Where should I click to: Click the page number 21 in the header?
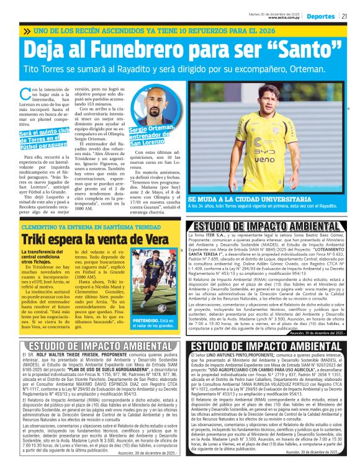[x=344, y=17]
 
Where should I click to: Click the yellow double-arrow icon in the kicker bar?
[x=26, y=30]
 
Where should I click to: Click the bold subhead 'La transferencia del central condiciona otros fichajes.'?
[x=45, y=259]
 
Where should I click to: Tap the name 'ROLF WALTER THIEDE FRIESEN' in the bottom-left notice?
[x=68, y=357]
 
